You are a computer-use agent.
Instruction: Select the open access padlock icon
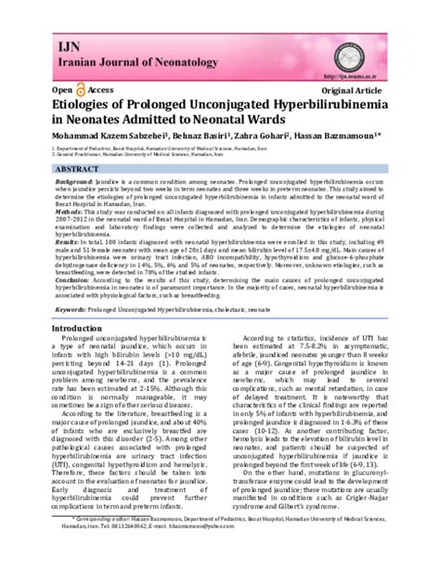(x=80, y=91)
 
